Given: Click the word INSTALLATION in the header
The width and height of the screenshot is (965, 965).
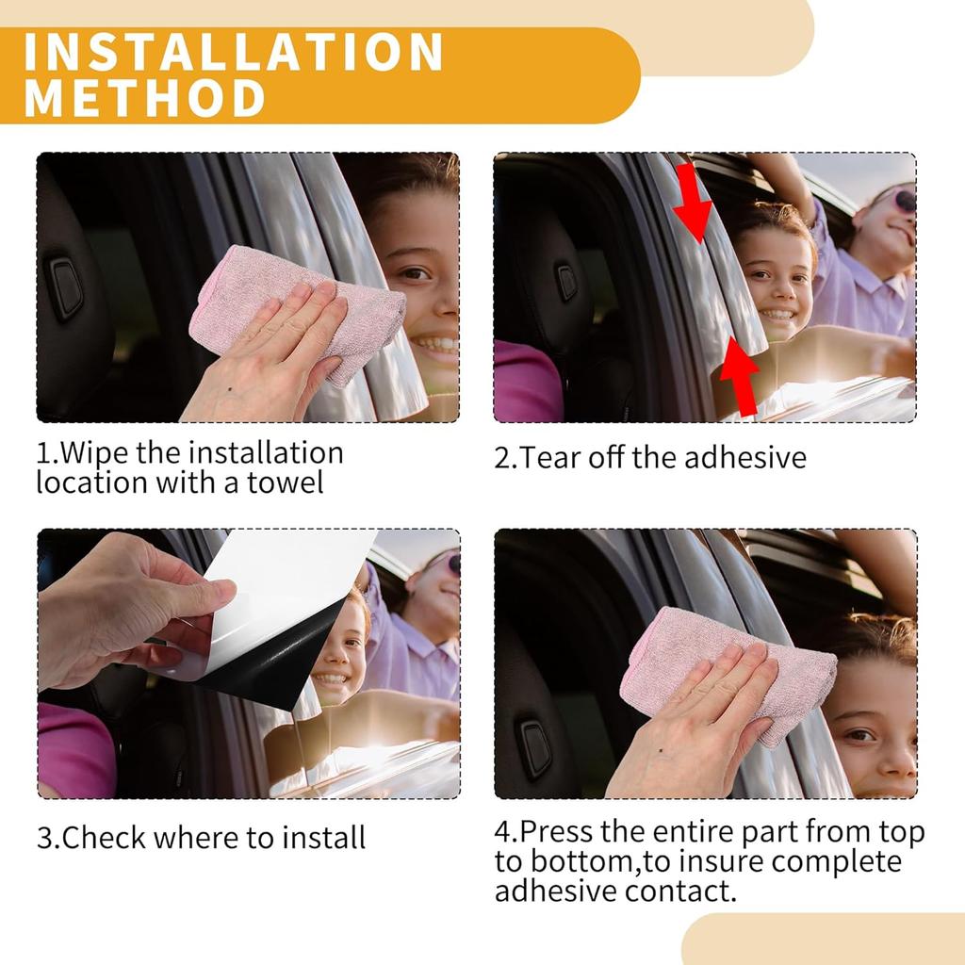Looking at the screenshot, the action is pos(234,52).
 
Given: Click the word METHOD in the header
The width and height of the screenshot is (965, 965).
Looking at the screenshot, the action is pos(144,97).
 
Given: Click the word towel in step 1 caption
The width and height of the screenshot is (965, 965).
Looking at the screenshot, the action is pos(285,482).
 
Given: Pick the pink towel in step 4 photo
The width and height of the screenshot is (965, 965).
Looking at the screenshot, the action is pos(727,671).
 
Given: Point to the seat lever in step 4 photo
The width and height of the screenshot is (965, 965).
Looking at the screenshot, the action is pos(535,748).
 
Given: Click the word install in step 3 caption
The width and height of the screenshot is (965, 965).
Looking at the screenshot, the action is pos(324,838).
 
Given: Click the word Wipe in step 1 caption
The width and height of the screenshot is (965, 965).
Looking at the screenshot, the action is pos(94,453).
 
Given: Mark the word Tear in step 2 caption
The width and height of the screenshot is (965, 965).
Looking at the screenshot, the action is pos(550,458).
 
